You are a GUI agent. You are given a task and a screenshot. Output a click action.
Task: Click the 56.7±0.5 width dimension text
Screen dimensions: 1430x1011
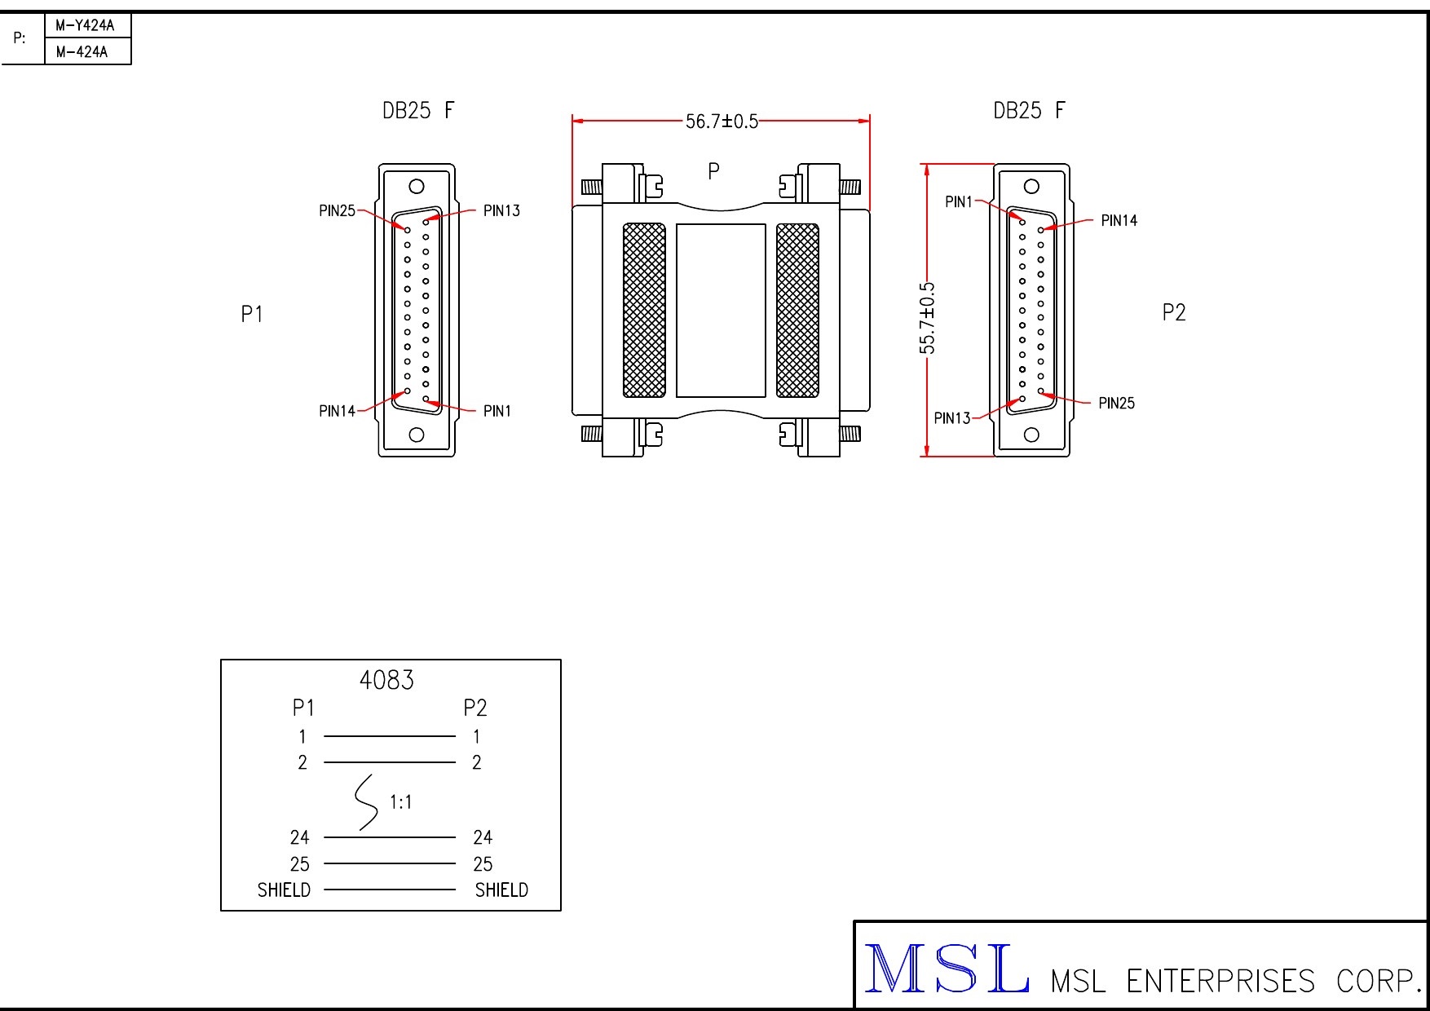(722, 121)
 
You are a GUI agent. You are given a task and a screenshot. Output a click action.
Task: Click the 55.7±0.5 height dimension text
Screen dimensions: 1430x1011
(928, 318)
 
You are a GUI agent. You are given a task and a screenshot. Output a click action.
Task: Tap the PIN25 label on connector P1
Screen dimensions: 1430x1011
(338, 211)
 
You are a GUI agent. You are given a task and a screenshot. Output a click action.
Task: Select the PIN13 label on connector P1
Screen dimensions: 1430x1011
(501, 211)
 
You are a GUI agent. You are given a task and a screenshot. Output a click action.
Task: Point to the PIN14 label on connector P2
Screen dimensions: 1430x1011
(1119, 220)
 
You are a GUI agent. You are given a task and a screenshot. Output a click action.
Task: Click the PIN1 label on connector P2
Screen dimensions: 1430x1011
(959, 201)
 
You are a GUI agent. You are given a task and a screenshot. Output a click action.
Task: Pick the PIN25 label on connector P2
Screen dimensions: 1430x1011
(1116, 403)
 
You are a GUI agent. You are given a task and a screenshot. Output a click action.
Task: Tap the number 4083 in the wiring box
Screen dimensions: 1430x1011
(386, 680)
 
